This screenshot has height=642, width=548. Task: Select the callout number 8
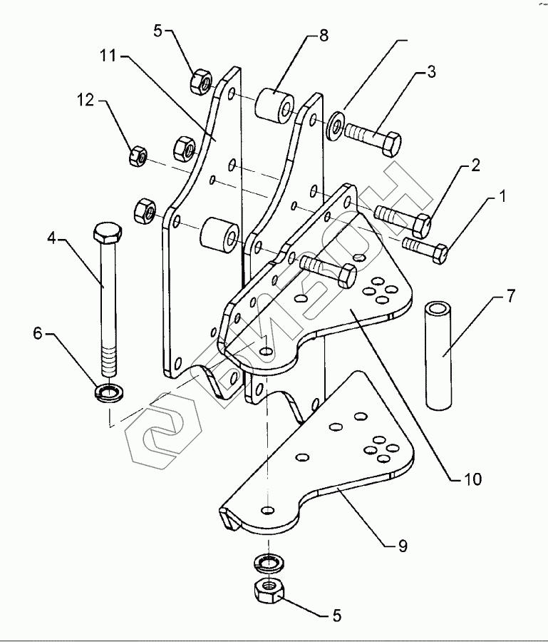pyautogui.click(x=324, y=36)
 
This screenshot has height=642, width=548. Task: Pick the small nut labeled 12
pyautogui.click(x=138, y=155)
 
